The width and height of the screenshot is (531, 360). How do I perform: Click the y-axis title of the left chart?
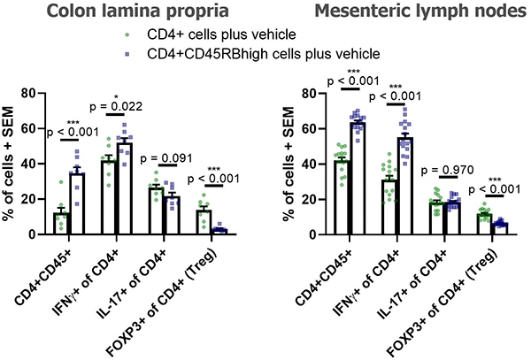click(10, 164)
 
